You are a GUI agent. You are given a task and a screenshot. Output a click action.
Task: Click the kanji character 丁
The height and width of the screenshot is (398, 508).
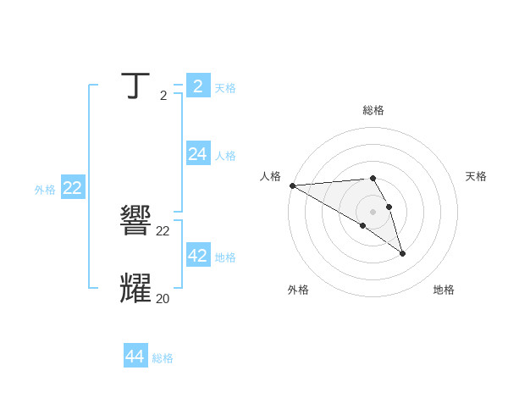click(136, 86)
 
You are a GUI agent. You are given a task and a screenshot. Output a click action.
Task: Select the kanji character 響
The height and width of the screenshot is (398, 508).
click(136, 222)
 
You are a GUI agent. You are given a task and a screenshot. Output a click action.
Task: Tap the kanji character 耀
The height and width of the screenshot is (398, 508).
click(136, 289)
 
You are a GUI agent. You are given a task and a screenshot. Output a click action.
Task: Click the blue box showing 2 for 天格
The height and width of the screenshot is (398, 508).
click(197, 86)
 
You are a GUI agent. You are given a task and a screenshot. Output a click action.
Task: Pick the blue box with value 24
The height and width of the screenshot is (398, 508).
click(197, 153)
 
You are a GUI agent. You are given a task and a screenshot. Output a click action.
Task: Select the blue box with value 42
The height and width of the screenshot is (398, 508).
click(197, 255)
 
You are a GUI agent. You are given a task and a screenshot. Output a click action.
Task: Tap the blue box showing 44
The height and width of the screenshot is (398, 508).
click(135, 357)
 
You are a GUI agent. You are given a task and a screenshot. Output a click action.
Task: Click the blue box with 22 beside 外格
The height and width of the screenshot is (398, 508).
click(72, 188)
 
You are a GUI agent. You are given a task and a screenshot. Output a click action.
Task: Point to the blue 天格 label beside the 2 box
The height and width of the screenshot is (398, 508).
click(224, 88)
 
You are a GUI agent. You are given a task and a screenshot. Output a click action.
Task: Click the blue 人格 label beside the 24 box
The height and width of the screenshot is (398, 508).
click(224, 156)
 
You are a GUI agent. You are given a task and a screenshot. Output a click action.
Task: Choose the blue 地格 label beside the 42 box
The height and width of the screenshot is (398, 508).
click(224, 257)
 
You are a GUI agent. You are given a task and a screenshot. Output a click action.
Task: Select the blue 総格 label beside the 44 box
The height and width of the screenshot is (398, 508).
click(163, 359)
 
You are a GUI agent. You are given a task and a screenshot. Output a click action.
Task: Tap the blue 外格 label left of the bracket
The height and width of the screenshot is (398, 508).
click(45, 191)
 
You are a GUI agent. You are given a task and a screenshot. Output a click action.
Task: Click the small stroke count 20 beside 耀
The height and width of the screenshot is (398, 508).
click(163, 298)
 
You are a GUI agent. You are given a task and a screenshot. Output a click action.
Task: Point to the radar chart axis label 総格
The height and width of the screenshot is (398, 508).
click(373, 110)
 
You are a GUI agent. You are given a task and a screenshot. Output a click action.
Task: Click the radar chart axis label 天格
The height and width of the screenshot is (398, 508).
click(476, 176)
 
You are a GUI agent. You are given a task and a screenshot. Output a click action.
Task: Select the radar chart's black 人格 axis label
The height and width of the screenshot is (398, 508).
click(270, 176)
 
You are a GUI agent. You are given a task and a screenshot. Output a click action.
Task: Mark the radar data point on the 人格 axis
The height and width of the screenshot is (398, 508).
click(292, 185)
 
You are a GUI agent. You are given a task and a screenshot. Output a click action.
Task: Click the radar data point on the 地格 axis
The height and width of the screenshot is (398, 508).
click(402, 253)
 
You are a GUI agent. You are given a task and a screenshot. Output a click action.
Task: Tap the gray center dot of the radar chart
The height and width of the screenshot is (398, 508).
click(373, 212)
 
